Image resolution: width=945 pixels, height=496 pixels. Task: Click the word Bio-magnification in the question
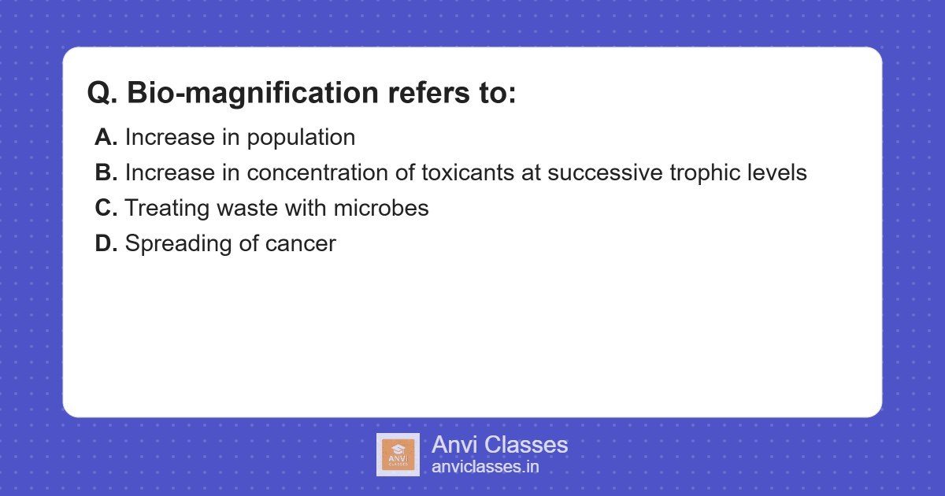253,93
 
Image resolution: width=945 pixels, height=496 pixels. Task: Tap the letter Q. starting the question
102,92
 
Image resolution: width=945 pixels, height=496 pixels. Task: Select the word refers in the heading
428,92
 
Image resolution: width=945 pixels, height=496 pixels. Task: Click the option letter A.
106,137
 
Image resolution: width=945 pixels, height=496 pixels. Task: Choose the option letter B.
106,172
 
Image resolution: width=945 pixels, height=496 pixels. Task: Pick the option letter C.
106,208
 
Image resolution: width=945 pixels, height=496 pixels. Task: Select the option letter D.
106,243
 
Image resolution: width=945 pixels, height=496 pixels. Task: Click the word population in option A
301,138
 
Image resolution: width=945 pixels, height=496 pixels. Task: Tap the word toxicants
468,173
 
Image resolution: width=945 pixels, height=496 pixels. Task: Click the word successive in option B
605,173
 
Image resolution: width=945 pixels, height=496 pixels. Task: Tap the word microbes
381,208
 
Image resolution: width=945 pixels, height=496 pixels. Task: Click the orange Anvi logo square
398,455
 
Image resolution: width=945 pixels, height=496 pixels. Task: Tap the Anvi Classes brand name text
499,445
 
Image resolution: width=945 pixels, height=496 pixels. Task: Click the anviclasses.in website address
485,467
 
